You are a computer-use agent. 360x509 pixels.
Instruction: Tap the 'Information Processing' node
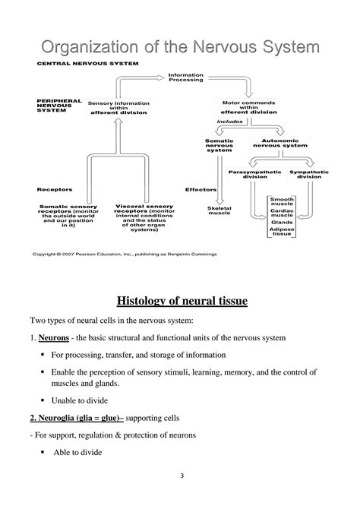coord(185,78)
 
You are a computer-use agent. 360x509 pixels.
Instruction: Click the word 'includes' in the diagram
coord(230,121)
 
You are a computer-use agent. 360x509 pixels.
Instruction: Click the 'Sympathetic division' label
coord(308,175)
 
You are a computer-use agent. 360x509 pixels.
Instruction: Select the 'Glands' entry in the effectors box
coord(282,223)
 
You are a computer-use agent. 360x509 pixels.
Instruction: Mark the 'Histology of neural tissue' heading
coord(179,302)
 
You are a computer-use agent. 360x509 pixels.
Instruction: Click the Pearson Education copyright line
coord(123,255)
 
